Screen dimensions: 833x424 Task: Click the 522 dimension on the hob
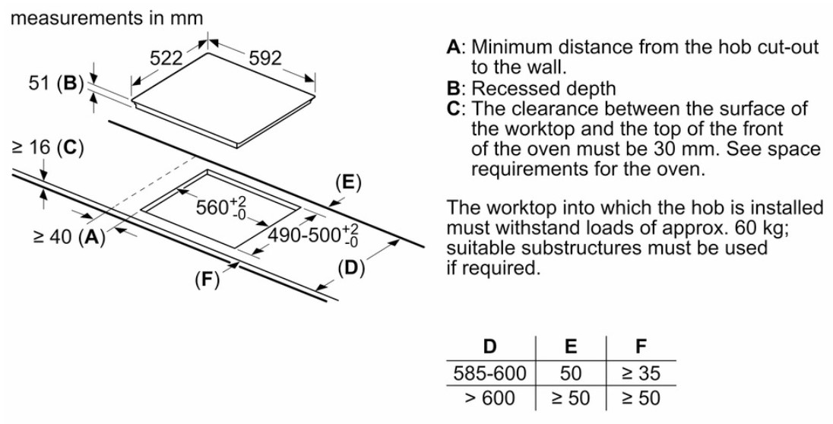click(166, 58)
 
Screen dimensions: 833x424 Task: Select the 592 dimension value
click(265, 58)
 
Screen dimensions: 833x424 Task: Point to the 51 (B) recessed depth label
click(56, 84)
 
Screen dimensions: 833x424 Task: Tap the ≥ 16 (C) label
click(47, 147)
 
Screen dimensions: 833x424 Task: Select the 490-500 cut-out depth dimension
click(312, 235)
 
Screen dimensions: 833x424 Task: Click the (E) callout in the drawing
click(348, 183)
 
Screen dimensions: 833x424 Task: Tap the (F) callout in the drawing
click(207, 279)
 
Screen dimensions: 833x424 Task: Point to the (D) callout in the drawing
click(352, 268)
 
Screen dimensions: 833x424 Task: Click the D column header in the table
click(489, 346)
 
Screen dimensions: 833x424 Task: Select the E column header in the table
click(570, 346)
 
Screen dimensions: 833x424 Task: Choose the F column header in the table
click(641, 346)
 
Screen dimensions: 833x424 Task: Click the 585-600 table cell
click(489, 373)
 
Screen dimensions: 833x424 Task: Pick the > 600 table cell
click(489, 398)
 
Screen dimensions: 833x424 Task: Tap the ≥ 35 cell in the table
click(641, 373)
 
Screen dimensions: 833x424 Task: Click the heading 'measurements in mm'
click(106, 17)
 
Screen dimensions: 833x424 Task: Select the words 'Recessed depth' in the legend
click(544, 88)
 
